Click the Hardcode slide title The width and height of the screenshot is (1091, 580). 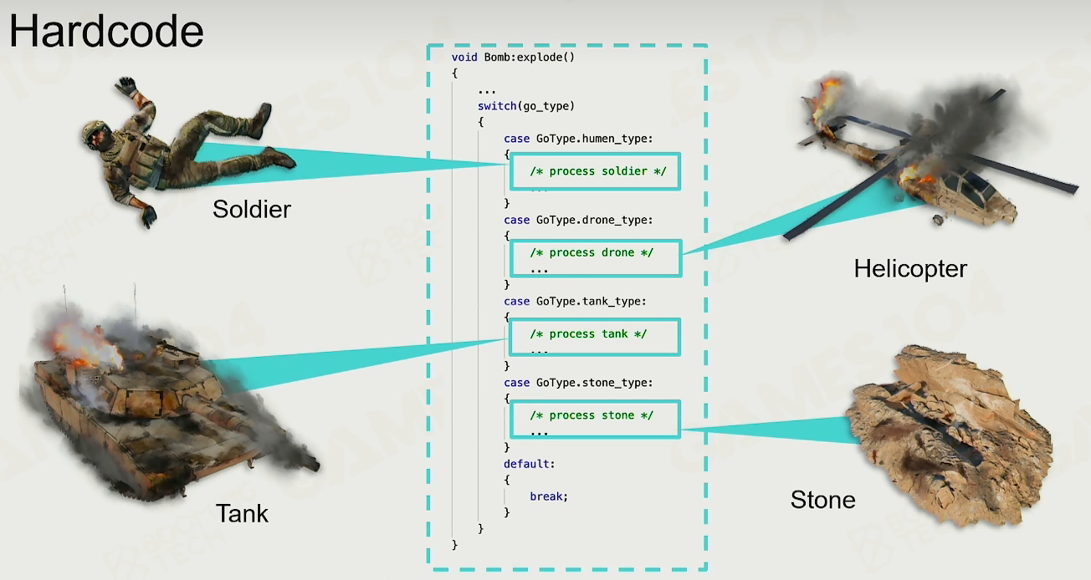click(106, 31)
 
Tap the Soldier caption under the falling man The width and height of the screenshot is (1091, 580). click(251, 209)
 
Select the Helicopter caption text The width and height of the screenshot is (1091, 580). click(910, 269)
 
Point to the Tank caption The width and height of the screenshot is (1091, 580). click(242, 512)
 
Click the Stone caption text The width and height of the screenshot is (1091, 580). click(822, 500)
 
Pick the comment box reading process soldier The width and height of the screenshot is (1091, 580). click(595, 171)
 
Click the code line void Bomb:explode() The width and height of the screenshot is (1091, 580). click(513, 57)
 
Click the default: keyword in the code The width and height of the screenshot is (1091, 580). click(529, 464)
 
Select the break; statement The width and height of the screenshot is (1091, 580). click(549, 496)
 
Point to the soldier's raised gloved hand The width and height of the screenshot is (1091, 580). click(126, 86)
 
